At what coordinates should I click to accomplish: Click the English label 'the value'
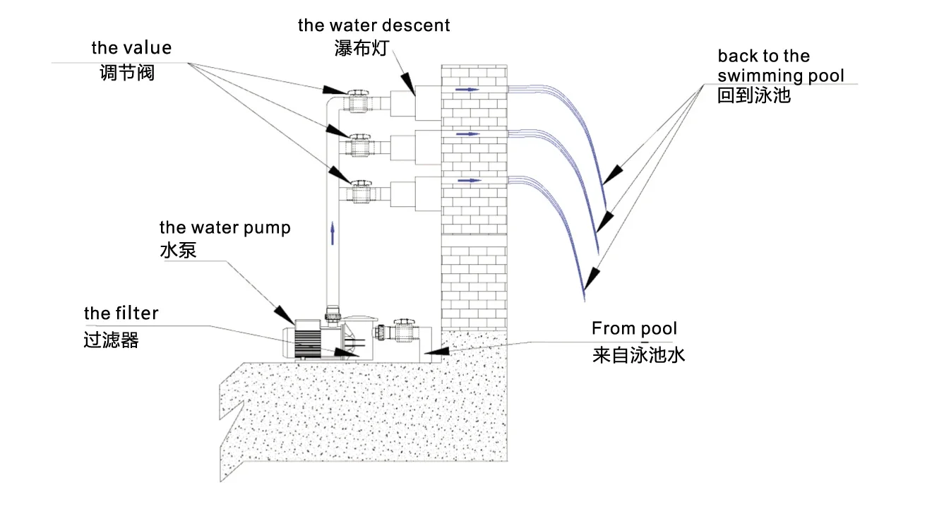(131, 48)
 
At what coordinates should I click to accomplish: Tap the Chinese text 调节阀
(127, 72)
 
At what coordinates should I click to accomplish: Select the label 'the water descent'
(374, 25)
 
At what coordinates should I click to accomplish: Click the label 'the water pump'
(225, 227)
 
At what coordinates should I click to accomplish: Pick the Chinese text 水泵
(178, 250)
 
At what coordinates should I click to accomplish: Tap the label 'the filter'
(121, 313)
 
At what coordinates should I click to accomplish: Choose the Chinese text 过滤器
(111, 340)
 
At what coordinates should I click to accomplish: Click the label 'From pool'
(634, 328)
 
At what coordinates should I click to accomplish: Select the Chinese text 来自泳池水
(638, 354)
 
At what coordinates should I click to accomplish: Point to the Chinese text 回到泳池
(753, 95)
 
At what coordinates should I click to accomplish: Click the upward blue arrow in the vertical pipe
(332, 232)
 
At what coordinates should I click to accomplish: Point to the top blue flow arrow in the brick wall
(466, 90)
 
